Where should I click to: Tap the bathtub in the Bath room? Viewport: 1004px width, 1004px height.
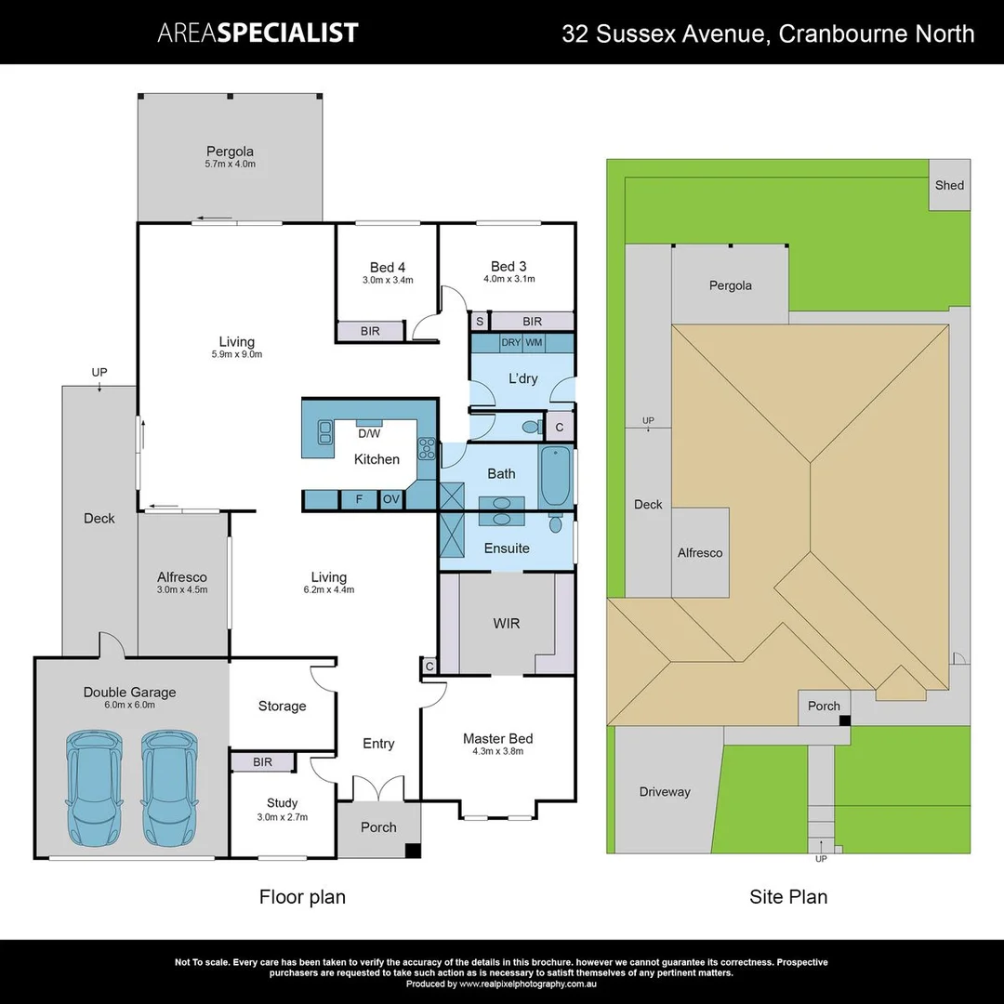[554, 475]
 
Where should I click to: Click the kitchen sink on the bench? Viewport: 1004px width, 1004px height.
[324, 431]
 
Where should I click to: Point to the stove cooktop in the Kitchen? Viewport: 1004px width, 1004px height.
[427, 448]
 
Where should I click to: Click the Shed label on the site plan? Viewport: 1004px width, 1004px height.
[949, 185]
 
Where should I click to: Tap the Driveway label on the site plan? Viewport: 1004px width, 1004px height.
[665, 792]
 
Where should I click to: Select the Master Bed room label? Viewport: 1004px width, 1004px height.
[498, 739]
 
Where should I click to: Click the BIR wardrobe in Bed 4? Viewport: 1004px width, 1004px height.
[370, 331]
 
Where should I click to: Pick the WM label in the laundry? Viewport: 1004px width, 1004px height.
[534, 343]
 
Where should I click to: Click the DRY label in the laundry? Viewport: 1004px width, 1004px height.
[510, 343]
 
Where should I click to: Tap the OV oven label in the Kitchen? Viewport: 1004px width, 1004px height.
[391, 499]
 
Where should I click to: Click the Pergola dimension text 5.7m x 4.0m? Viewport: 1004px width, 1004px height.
[230, 165]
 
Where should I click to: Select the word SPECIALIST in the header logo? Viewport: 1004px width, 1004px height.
[288, 33]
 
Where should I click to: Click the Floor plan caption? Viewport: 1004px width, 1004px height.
[302, 897]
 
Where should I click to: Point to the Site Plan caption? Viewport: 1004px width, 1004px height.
[788, 897]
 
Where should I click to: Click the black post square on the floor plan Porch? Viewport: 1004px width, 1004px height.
[413, 850]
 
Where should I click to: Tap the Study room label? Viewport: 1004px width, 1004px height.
[282, 803]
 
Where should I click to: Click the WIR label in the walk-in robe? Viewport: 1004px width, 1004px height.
[506, 623]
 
